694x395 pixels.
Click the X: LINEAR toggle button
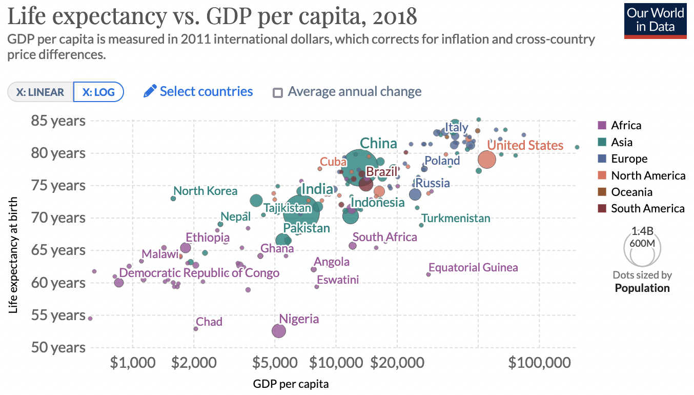tap(40, 92)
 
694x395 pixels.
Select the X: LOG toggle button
tap(98, 92)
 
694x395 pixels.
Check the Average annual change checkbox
tap(278, 93)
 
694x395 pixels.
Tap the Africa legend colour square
tap(602, 125)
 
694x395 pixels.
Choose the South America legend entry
tap(647, 208)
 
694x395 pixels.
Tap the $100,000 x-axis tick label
tap(539, 362)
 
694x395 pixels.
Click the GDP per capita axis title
tap(291, 384)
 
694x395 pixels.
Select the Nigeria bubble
tap(278, 331)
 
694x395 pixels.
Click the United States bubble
tap(486, 159)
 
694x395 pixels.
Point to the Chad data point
tap(196, 328)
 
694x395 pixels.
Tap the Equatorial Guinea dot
tap(428, 274)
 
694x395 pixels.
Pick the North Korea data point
tap(173, 198)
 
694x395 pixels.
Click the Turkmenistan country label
tap(456, 219)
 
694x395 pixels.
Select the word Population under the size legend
tap(642, 288)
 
